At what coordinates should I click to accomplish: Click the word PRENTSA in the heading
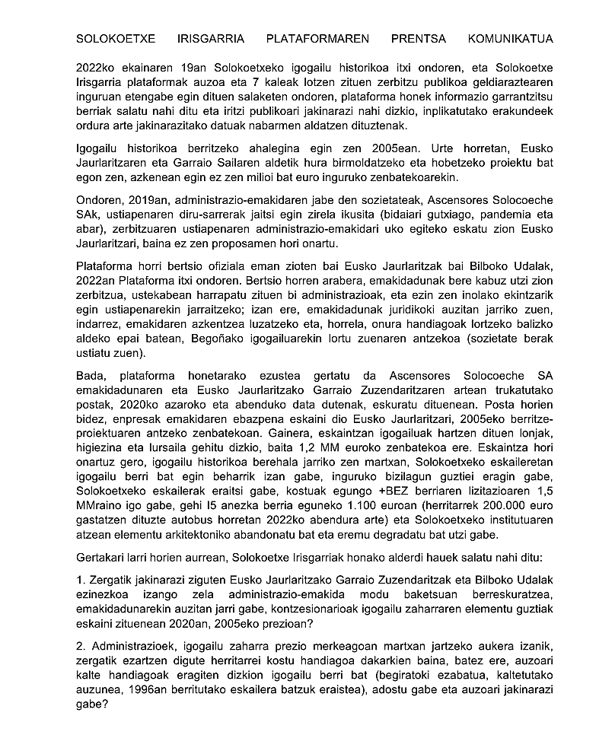[x=419, y=39]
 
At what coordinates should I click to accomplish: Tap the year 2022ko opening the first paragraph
[x=96, y=68]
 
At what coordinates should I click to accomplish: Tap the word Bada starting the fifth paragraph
[x=91, y=376]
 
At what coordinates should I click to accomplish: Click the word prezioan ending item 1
[x=286, y=624]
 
